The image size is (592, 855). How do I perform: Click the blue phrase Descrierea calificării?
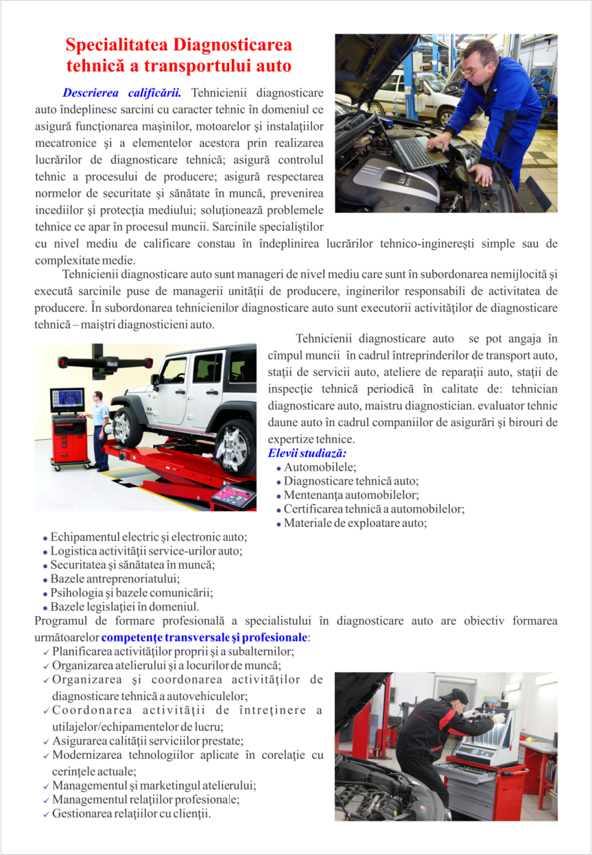point(121,93)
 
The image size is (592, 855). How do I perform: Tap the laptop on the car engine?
point(416,152)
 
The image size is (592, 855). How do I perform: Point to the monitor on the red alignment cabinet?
point(67,400)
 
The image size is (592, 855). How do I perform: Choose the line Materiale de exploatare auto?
point(355,524)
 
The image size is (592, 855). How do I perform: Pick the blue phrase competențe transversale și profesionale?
point(204,637)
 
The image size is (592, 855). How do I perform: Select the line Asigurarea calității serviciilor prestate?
point(147,741)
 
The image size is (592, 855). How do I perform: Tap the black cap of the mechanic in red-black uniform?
point(457,696)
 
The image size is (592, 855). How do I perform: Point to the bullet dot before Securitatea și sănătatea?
point(45,566)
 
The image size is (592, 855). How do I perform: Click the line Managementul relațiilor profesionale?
point(145,799)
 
